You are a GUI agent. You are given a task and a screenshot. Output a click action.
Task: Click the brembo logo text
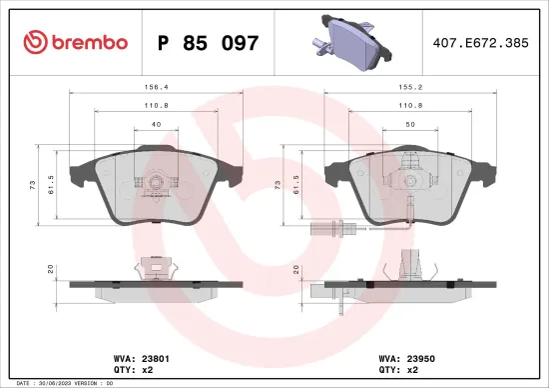[76, 43]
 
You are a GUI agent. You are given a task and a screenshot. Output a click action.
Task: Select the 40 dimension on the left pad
[155, 124]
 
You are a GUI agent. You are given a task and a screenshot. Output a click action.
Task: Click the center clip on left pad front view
[155, 184]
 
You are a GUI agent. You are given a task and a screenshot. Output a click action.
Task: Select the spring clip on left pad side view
[155, 267]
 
